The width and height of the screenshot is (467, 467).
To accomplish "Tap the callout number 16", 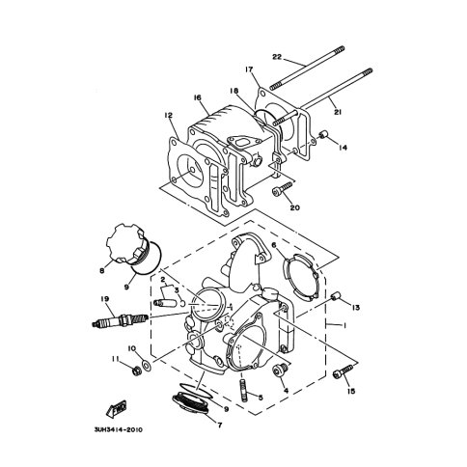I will pos(197,97).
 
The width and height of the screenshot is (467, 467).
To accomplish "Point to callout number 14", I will pos(343,147).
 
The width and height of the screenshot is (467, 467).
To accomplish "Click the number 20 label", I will pos(295,205).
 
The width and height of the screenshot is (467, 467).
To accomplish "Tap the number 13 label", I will pos(356,308).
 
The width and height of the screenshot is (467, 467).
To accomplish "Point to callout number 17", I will pos(249,69).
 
